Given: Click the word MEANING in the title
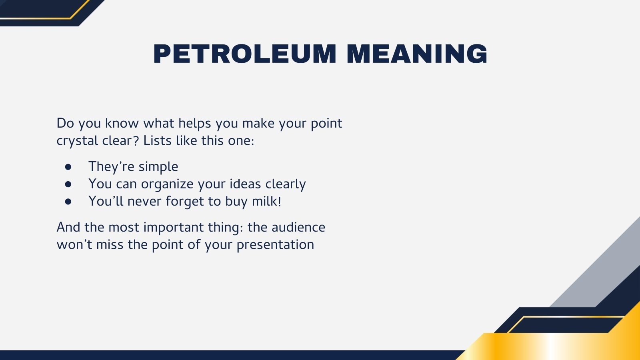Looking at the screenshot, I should click(417, 54).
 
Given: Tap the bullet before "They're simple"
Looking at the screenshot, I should click(68, 166).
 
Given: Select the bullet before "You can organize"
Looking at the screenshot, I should click(68, 184).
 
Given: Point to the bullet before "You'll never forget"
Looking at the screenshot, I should click(68, 201).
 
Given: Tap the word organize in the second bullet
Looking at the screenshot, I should click(167, 184).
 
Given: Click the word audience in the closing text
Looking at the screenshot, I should click(298, 227).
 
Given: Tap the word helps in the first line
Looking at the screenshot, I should click(195, 123).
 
